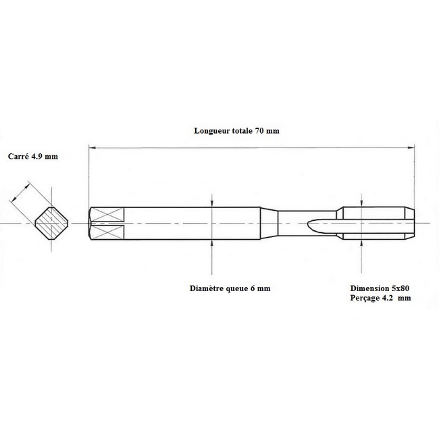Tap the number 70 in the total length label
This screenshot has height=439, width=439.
(x=259, y=131)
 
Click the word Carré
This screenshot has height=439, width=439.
(x=18, y=156)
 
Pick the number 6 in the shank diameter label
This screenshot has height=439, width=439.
(x=253, y=288)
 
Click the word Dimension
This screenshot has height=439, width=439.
(x=369, y=288)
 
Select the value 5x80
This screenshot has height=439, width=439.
(x=401, y=288)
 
